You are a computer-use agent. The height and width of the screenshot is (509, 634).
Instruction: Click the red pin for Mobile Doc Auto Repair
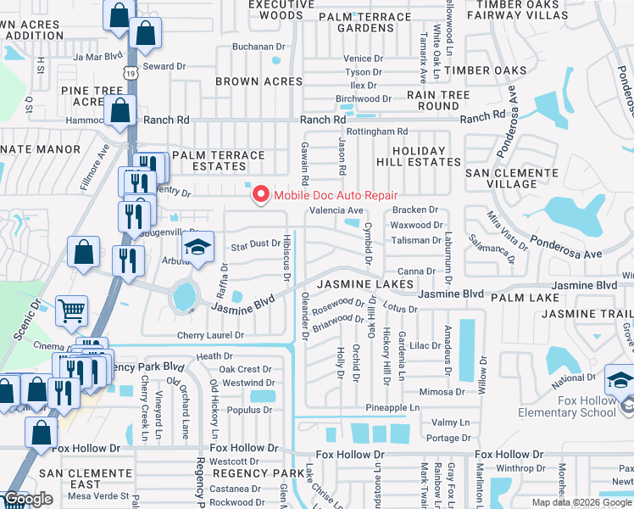[260, 195]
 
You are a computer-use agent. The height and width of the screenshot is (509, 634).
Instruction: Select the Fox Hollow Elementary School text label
[574, 406]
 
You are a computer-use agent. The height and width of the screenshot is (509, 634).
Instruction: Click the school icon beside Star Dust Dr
[198, 249]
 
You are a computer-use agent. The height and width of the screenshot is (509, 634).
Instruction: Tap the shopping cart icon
[72, 310]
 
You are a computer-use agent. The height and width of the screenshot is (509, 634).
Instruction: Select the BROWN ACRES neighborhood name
[259, 81]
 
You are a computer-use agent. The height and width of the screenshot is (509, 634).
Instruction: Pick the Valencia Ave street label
[336, 210]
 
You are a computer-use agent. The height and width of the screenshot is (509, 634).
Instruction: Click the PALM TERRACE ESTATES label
[218, 161]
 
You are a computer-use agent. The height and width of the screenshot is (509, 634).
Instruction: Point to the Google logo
[29, 499]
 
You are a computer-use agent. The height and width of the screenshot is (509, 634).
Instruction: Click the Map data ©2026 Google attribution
[581, 502]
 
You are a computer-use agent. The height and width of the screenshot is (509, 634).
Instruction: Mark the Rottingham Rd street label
[377, 131]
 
